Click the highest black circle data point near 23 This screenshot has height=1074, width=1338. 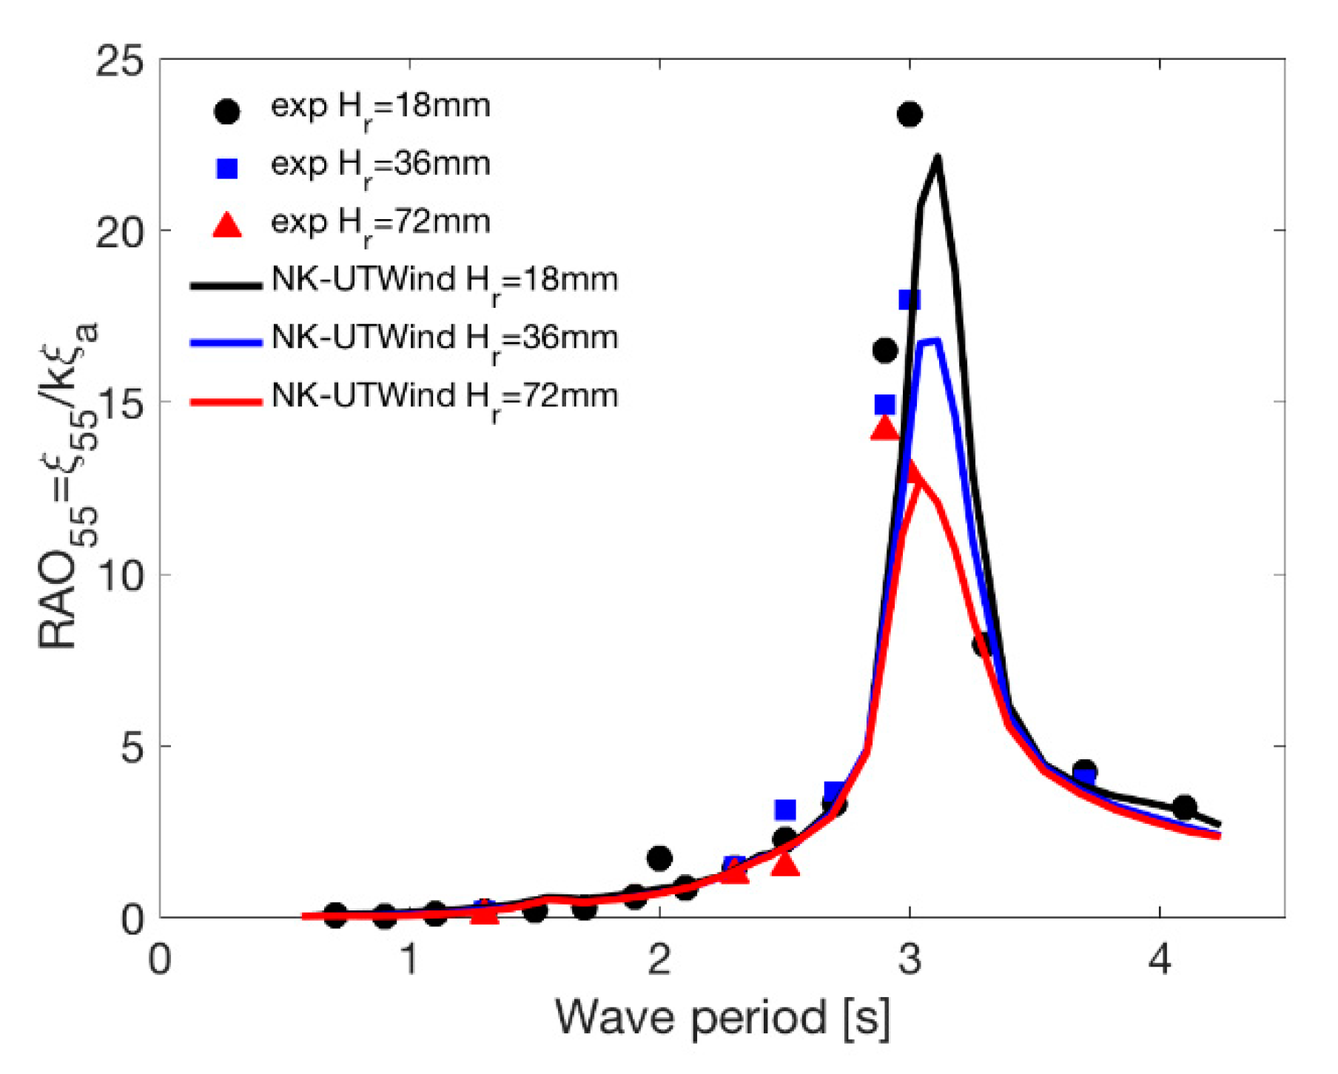(x=910, y=115)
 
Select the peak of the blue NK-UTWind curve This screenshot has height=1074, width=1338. (x=937, y=340)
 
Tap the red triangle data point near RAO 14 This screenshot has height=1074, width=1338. (x=884, y=429)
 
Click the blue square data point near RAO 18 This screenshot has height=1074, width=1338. (x=910, y=300)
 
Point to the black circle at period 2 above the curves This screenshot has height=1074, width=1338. (x=659, y=859)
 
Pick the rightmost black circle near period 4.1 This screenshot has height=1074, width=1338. (x=1184, y=807)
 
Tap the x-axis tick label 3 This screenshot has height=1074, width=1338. (x=910, y=959)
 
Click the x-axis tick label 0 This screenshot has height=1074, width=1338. (x=160, y=959)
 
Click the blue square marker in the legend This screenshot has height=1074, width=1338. (x=227, y=169)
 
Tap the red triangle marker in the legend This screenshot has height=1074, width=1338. (x=227, y=225)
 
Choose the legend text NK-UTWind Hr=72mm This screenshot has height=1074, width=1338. (x=445, y=397)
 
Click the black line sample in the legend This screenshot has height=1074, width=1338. (x=226, y=285)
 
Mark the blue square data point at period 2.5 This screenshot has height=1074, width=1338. (x=785, y=810)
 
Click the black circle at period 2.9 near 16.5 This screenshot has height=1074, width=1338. (x=885, y=350)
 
